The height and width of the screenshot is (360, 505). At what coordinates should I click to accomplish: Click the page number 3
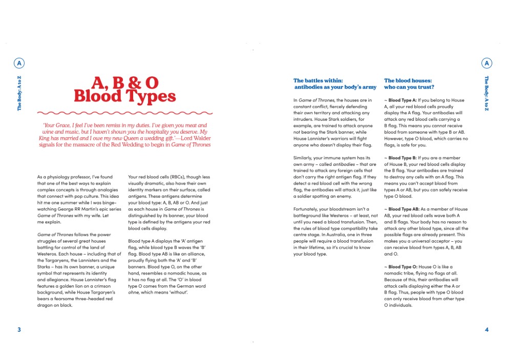(19, 329)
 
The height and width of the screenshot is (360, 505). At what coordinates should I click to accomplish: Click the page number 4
(487, 329)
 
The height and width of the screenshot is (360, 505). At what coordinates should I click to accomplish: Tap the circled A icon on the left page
(19, 63)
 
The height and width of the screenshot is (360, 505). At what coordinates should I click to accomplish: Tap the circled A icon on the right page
(487, 63)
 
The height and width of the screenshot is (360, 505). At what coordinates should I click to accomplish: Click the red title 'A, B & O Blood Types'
(124, 90)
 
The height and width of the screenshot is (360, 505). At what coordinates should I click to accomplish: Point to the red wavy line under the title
(124, 112)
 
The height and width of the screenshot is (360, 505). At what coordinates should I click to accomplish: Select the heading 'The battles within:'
(318, 80)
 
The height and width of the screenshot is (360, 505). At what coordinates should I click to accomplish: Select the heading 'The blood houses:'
(408, 80)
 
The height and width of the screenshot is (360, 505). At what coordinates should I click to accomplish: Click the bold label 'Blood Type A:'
(403, 100)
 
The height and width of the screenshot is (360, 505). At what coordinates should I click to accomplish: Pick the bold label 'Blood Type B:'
(403, 158)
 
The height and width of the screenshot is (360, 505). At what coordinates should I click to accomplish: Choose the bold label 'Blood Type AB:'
(405, 209)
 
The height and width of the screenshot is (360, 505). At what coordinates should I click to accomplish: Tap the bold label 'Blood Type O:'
(403, 267)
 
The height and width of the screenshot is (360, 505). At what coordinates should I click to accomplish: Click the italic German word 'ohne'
(134, 292)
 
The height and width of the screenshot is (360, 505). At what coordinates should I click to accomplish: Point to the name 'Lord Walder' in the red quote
(194, 138)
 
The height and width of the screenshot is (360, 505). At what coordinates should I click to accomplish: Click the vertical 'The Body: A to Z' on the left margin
(19, 93)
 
